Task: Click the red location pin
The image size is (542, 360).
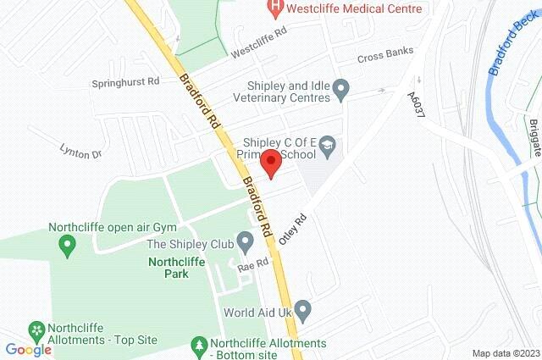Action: pyautogui.click(x=270, y=162)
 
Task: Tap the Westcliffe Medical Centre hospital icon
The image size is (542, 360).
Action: pyautogui.click(x=276, y=8)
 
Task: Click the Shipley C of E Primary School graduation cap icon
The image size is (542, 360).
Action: pyautogui.click(x=327, y=147)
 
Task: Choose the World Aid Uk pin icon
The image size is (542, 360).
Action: pyautogui.click(x=303, y=312)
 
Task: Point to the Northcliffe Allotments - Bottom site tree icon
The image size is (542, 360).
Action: pyautogui.click(x=198, y=346)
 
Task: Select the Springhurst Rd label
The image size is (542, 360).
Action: pyautogui.click(x=126, y=84)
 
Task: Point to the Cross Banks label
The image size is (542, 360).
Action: pyautogui.click(x=384, y=55)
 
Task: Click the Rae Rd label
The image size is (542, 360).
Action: pyautogui.click(x=252, y=266)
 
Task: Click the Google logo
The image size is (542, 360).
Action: pyautogui.click(x=29, y=349)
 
